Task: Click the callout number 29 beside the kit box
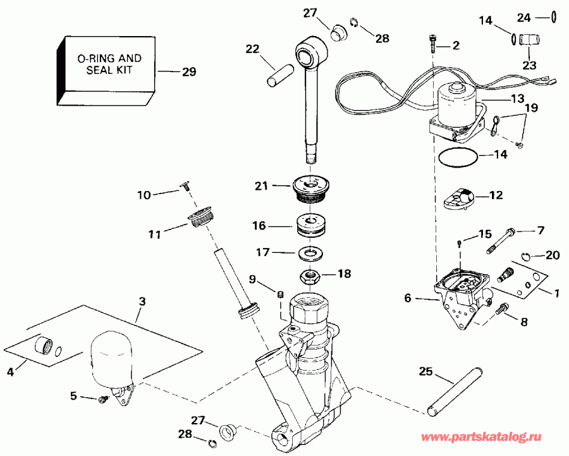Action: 189,71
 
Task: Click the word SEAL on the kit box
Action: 100,70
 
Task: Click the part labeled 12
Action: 459,199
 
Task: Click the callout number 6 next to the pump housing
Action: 407,297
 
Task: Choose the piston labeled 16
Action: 310,226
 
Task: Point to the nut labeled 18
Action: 310,276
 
